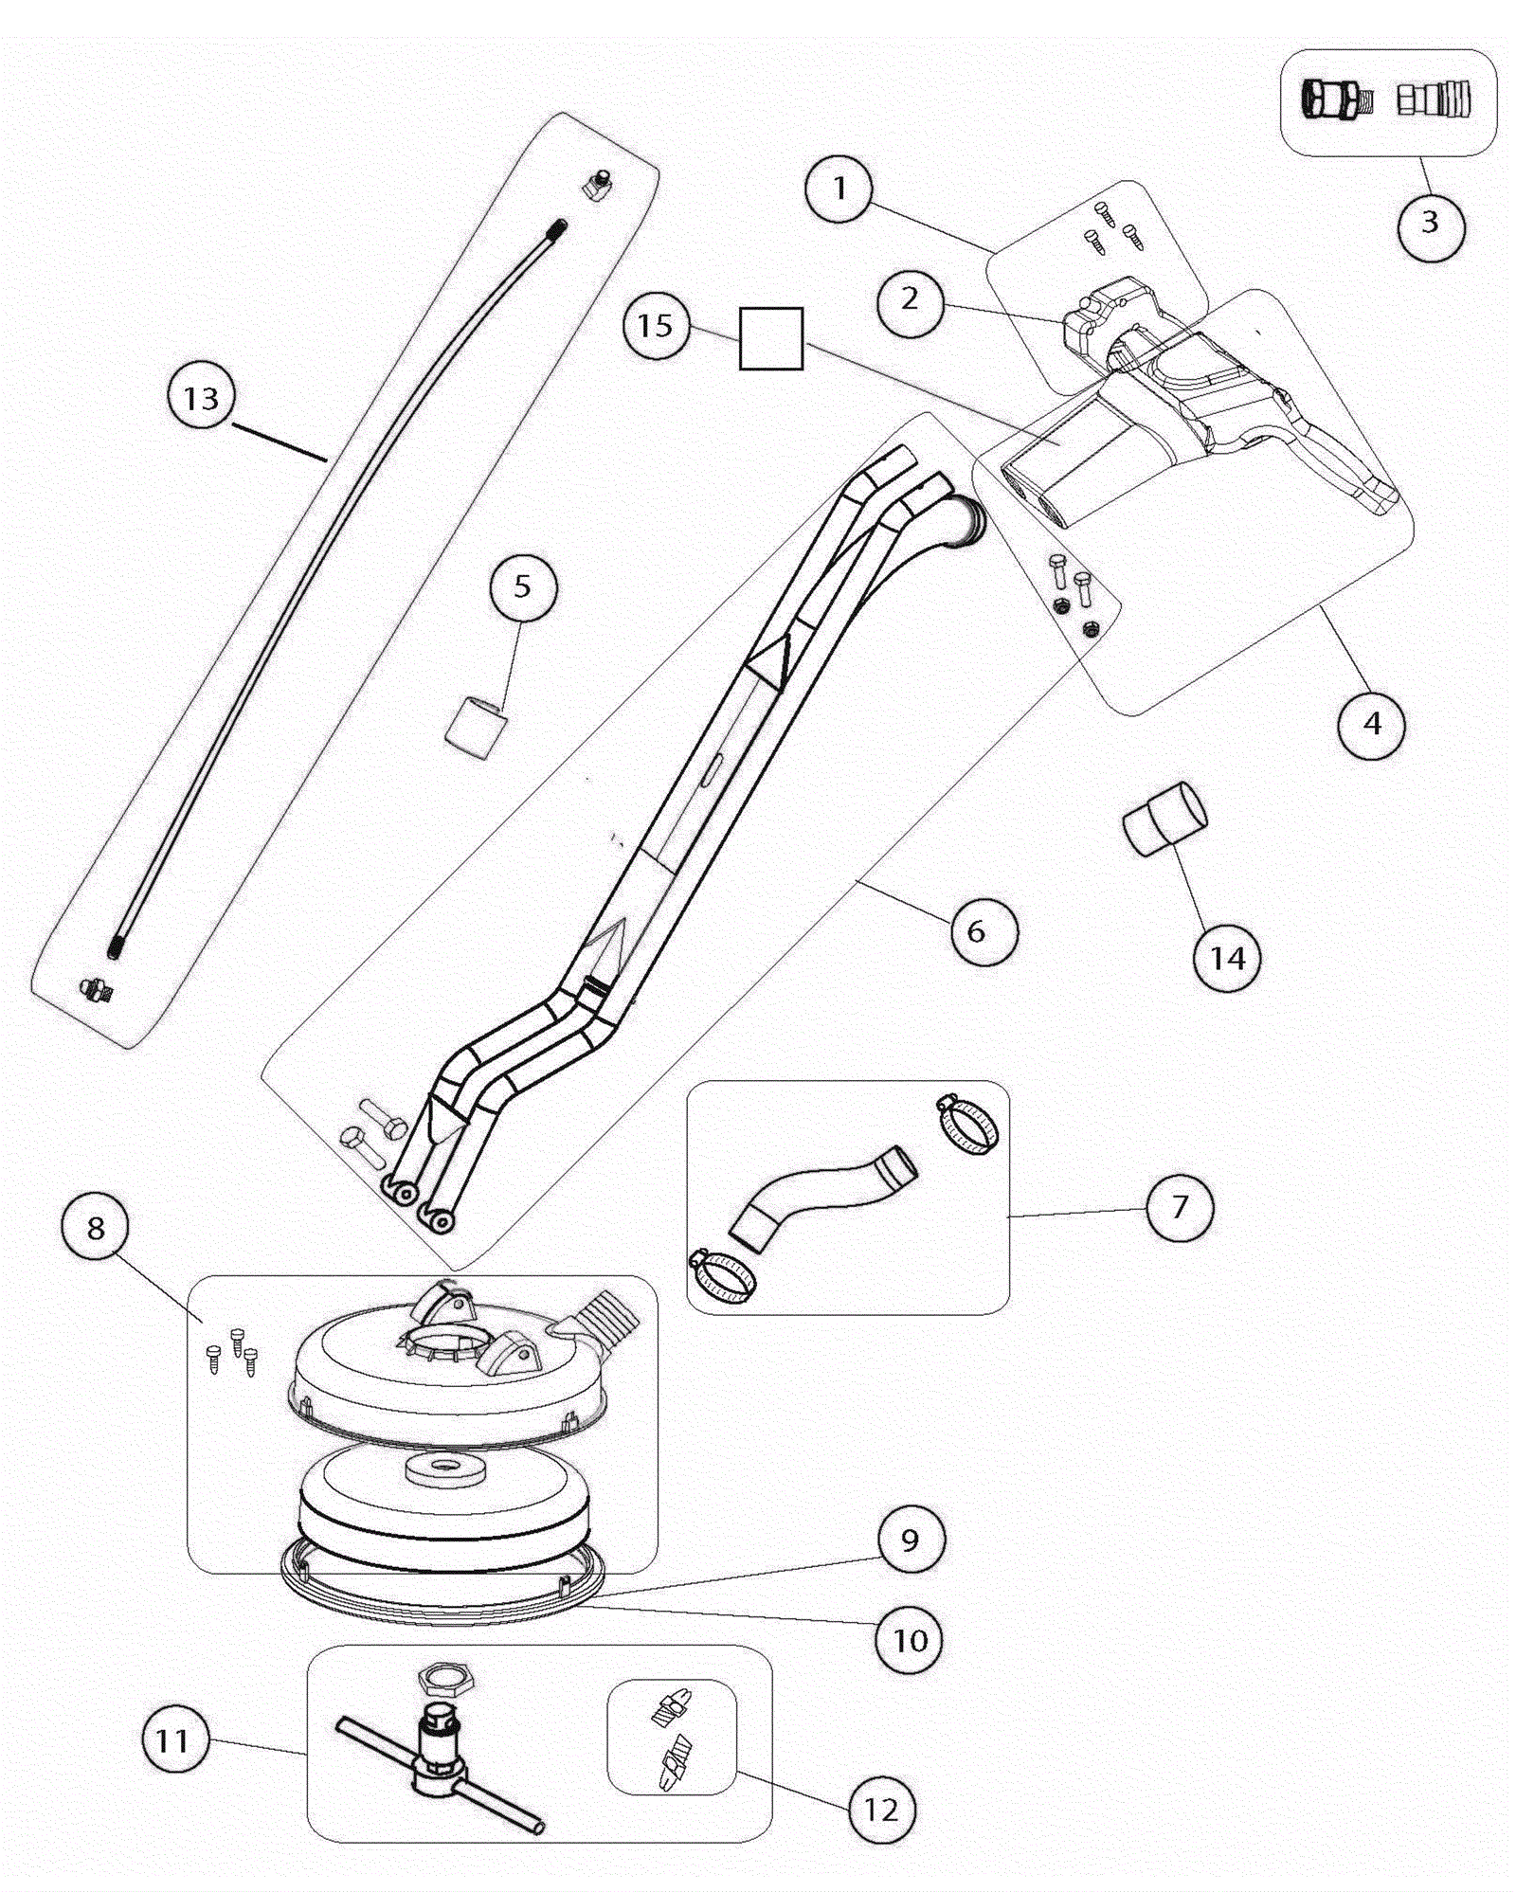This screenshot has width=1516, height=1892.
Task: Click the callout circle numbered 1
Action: [x=839, y=189]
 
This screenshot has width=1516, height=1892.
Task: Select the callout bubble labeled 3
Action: [x=1431, y=224]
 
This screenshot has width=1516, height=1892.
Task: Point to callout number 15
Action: [x=656, y=326]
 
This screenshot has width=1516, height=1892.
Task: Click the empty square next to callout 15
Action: [x=771, y=338]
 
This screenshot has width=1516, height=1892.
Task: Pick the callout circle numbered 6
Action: [x=984, y=932]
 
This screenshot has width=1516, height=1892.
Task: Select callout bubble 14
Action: [x=1227, y=959]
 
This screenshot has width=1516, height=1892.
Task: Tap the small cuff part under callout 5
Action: [x=476, y=728]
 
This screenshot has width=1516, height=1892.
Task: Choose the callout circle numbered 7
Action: [x=1180, y=1207]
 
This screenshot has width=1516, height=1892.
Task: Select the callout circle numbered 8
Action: [x=96, y=1229]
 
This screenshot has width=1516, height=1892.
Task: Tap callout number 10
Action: [x=910, y=1640]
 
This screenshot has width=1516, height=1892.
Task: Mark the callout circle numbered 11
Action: [x=172, y=1741]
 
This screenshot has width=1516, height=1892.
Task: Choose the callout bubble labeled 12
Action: [x=881, y=1811]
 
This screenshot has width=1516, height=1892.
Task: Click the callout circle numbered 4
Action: [x=1371, y=725]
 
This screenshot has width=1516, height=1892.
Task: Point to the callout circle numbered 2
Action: [x=910, y=300]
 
